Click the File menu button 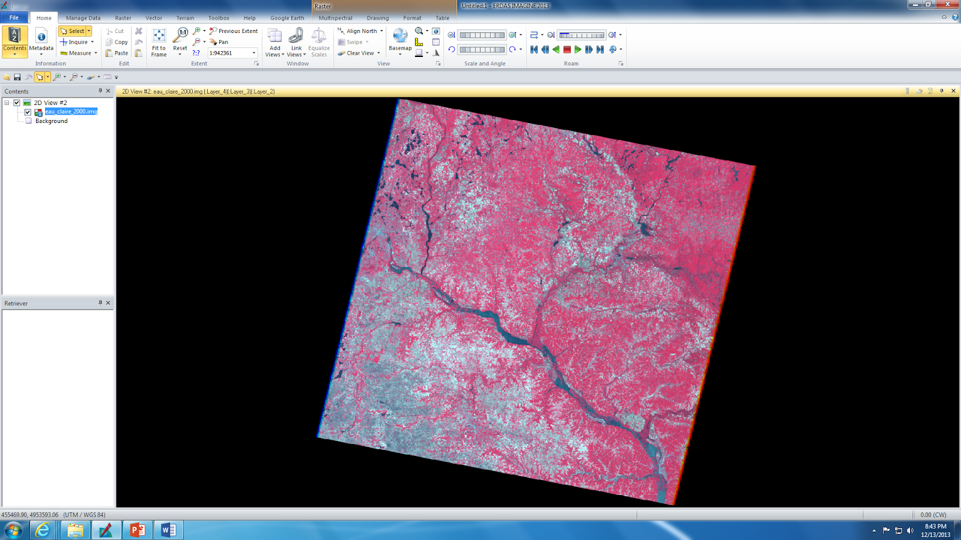[x=14, y=17]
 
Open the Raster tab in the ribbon [x=123, y=18]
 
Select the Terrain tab [x=185, y=18]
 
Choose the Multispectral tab [x=335, y=18]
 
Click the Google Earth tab [x=287, y=18]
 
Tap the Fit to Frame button [x=159, y=42]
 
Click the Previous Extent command [x=234, y=31]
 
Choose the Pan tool [x=220, y=42]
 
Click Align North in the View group [x=360, y=31]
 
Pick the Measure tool [x=79, y=53]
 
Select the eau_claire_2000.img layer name [x=71, y=112]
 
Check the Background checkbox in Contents [x=28, y=121]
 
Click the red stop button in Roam [x=567, y=50]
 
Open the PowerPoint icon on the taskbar [x=138, y=530]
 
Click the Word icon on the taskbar [x=168, y=530]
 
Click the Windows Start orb [x=13, y=530]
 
